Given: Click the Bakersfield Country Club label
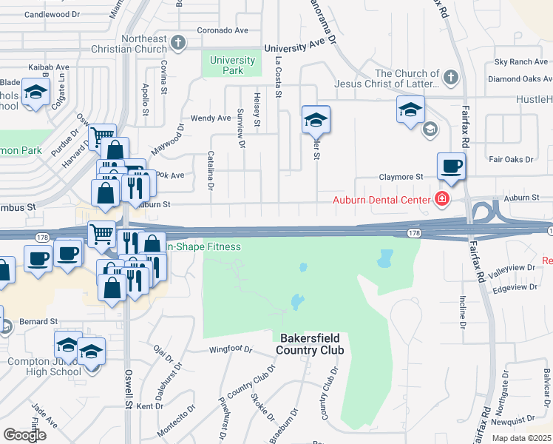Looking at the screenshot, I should (x=311, y=343).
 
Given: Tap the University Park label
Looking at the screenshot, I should (x=232, y=66).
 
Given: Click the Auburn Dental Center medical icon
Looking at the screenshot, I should (x=442, y=199).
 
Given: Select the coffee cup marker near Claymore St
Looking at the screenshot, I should (x=451, y=166).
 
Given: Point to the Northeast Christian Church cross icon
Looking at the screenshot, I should (x=178, y=44).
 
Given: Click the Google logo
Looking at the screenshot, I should (x=24, y=435).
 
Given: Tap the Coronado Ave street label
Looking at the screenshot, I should (x=223, y=31).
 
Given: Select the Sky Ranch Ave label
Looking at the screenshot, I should (x=521, y=62).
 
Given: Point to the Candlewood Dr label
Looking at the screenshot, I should (x=52, y=15).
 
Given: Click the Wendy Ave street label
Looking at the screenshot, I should (x=211, y=118).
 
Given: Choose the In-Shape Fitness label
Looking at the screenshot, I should (x=205, y=246).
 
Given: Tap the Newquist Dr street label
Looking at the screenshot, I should (x=512, y=421).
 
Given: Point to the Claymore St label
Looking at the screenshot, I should (x=401, y=178).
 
